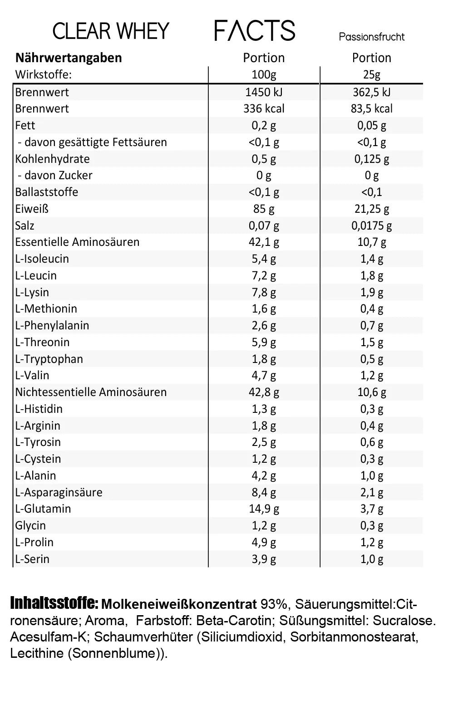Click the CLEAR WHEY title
coord(111,31)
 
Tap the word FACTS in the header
coord(255,31)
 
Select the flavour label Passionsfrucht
coord(371,37)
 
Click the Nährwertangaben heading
coord(69,58)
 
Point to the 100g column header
coord(264,74)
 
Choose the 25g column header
coord(371,74)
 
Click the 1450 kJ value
coord(264,92)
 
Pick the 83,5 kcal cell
coord(371,108)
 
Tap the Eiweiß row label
coord(32,209)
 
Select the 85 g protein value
coord(264,209)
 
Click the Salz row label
coord(25,225)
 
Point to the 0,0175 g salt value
coord(371,225)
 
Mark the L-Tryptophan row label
coord(49,359)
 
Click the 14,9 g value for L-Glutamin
coord(264,509)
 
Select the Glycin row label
coord(30,525)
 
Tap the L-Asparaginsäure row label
coord(59,492)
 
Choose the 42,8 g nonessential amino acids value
coord(264,392)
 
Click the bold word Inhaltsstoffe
coord(54,603)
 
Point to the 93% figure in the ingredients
coord(274,604)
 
